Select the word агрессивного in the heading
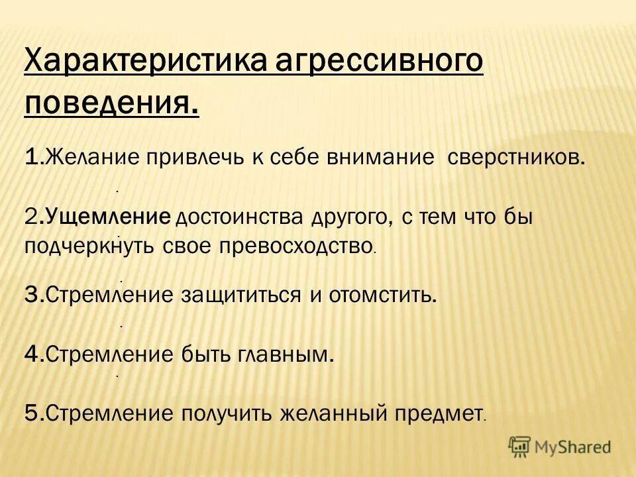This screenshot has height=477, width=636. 378,64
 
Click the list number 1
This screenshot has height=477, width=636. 32,158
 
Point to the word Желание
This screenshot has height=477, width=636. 92,158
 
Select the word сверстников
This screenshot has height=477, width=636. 517,158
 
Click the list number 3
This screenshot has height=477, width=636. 33,295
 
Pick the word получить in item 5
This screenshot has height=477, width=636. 225,413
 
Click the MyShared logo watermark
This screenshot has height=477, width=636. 560,447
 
